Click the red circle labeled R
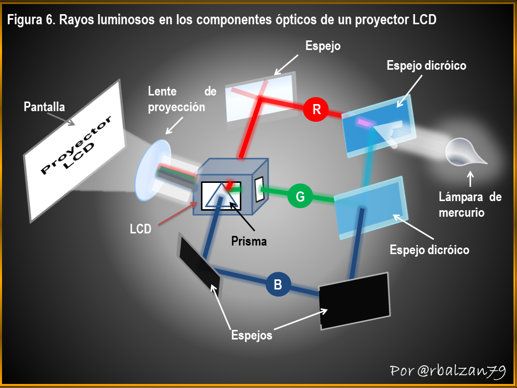point(316,109)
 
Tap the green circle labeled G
point(300,197)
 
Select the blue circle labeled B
point(278,284)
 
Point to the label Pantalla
point(44,107)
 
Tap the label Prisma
point(249,241)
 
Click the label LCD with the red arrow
point(140,229)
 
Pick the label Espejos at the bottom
point(251,335)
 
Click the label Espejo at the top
point(323,46)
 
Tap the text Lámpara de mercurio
point(470,205)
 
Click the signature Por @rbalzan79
point(448,371)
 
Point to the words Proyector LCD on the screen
point(76,145)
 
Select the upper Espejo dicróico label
point(426,65)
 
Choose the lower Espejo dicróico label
point(429,250)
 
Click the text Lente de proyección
point(182,99)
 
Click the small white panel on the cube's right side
point(260,189)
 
